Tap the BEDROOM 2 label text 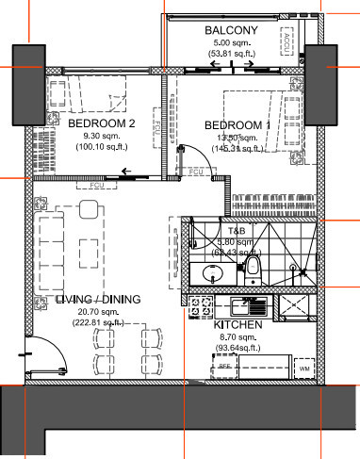103,123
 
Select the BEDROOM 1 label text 237,126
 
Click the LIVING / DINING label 98,300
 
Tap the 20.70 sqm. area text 98,311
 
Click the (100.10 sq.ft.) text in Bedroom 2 103,146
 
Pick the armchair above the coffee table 86,211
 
